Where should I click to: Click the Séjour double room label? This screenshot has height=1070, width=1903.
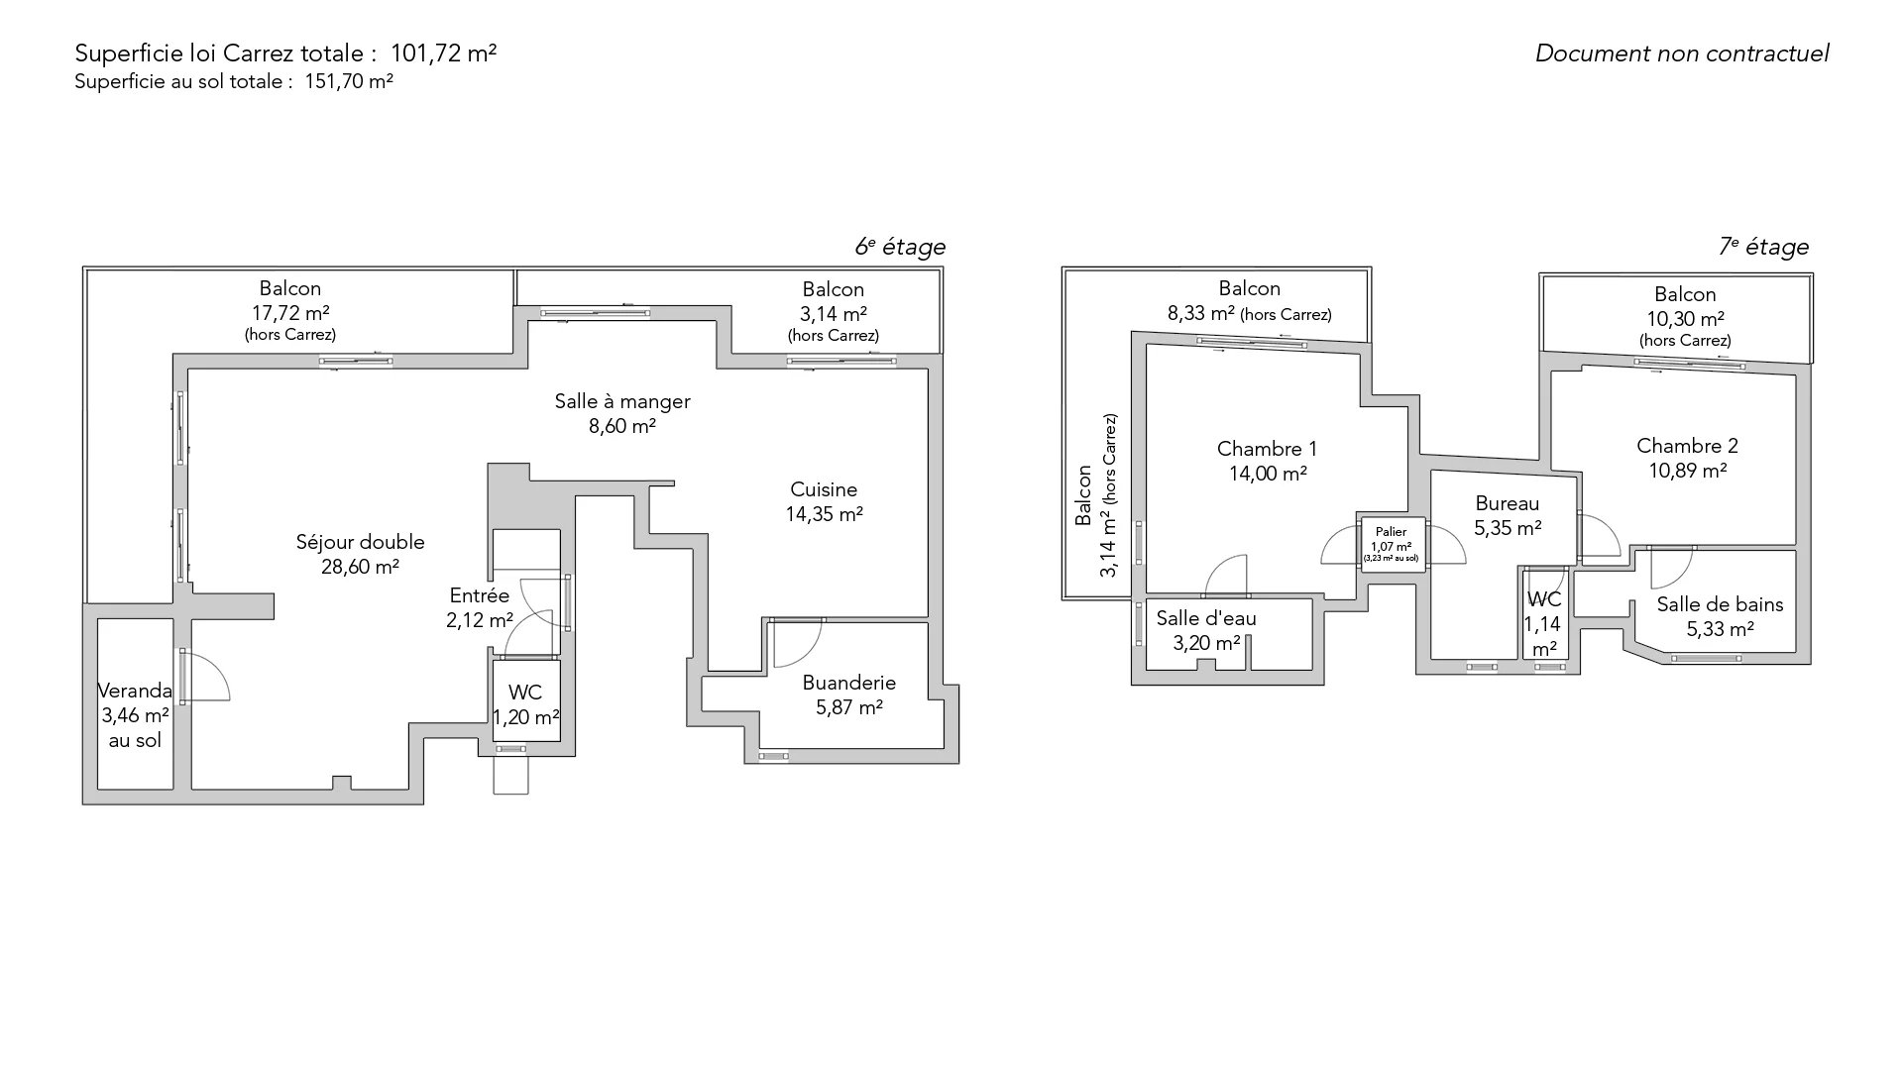[361, 542]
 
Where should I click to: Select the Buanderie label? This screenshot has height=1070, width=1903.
[849, 683]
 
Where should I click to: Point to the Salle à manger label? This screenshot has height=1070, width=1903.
[622, 401]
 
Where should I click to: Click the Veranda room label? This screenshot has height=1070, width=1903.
[135, 691]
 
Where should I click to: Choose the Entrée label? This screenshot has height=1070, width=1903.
[480, 595]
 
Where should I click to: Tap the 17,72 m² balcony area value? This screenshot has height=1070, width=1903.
[290, 313]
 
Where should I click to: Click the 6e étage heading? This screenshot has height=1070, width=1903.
[900, 247]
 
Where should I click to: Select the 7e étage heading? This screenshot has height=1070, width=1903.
[1764, 247]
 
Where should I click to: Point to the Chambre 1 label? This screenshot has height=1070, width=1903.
[1268, 449]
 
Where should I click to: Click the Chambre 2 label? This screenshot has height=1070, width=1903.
[1687, 446]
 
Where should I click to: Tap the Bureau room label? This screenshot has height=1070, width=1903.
[1508, 503]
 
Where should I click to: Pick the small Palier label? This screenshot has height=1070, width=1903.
[1392, 532]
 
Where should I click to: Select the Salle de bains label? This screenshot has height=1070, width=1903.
[1720, 604]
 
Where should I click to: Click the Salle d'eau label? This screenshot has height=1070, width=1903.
[1206, 618]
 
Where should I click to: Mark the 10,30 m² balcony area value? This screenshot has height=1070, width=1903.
[1685, 319]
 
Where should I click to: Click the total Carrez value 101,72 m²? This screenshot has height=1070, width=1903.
[444, 53]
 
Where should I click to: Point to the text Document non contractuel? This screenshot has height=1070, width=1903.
[1682, 53]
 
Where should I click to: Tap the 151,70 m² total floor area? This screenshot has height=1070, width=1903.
[349, 82]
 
